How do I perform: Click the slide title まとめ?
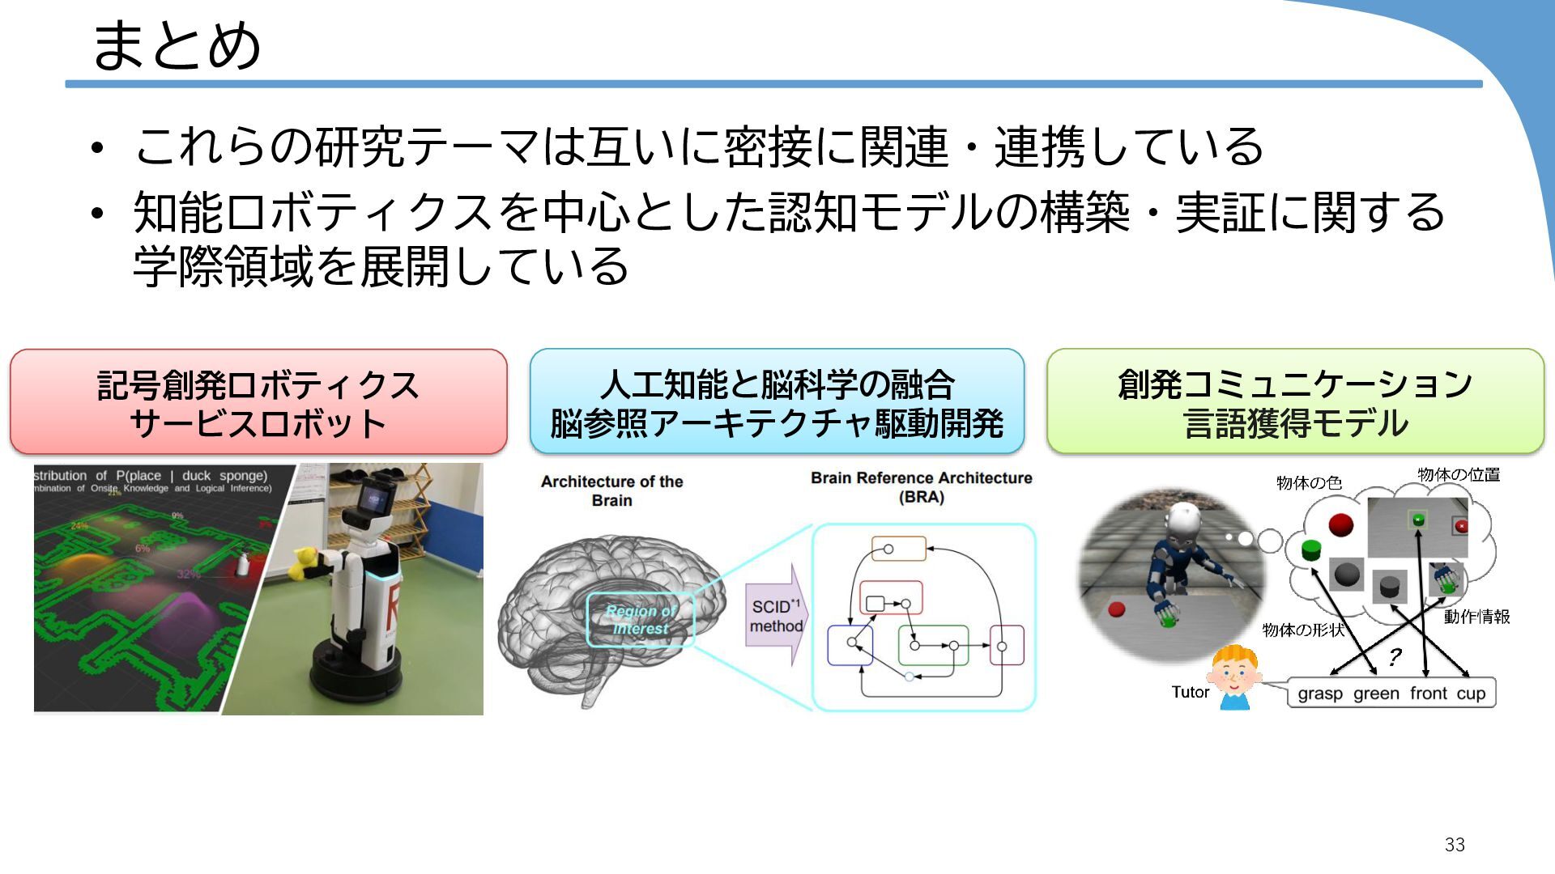tap(177, 45)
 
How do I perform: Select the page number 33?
tap(1455, 845)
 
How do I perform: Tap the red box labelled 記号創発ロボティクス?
tap(258, 402)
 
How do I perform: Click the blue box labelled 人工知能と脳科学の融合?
tap(777, 402)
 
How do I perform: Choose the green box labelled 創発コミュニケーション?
tap(1295, 402)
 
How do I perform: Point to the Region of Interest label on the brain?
tap(641, 620)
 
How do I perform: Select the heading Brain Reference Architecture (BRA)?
tap(922, 487)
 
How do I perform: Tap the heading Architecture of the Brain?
tap(611, 490)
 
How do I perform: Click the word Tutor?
tap(1190, 692)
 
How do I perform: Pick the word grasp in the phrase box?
tap(1320, 694)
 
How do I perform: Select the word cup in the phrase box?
tap(1471, 694)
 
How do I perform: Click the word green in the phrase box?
tap(1376, 694)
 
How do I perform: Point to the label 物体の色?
tap(1309, 483)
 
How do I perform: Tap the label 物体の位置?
tap(1459, 475)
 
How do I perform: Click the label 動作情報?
tap(1476, 617)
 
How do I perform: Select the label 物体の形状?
tap(1303, 630)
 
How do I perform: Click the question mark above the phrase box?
tap(1395, 656)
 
